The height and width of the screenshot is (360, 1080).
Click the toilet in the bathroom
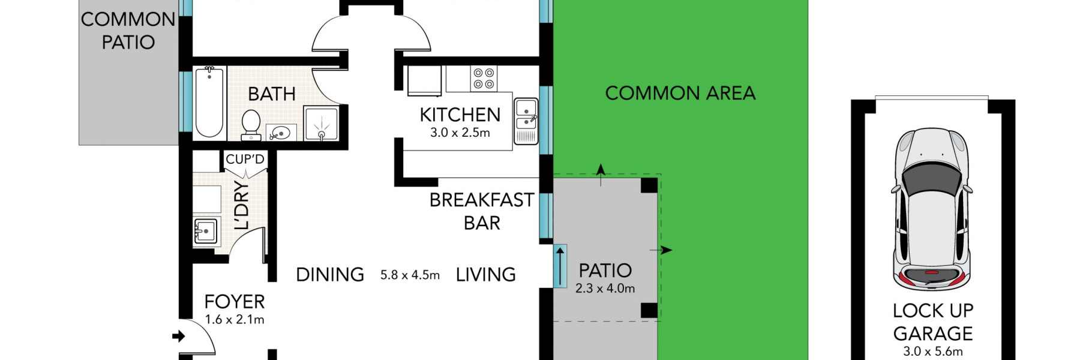coord(250,123)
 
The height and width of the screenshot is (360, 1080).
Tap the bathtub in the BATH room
coord(209,102)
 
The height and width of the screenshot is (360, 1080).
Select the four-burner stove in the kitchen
coord(484,78)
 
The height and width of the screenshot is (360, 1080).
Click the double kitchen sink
coord(526,115)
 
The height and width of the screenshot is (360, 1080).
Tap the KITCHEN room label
coord(460,115)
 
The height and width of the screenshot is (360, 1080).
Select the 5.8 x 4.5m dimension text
coord(410,275)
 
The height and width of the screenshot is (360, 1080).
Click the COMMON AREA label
coord(680,94)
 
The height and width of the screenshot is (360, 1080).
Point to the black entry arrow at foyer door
coord(178,336)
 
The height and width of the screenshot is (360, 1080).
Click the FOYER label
coord(234,302)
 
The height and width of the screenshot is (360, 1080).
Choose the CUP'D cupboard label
coord(245,160)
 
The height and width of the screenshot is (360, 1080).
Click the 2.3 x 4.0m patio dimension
coord(605,289)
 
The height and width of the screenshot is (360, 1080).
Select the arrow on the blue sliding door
coord(560,266)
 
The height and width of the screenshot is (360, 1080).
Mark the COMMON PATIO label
coord(128,31)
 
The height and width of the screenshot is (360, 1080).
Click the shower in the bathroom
coord(321,124)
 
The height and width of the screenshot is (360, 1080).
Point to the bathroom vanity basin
coord(281,132)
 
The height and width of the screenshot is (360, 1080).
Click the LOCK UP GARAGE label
coord(932,322)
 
